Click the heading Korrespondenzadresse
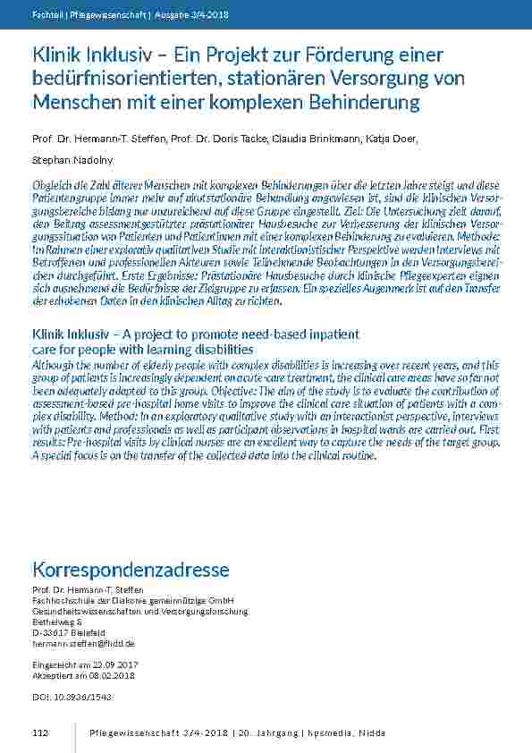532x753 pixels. click(x=131, y=570)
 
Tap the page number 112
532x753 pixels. click(x=39, y=733)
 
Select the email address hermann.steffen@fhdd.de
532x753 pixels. click(x=83, y=643)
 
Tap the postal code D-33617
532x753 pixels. click(x=50, y=632)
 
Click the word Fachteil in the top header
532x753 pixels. click(x=46, y=13)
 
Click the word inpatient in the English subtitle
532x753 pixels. click(x=322, y=334)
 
